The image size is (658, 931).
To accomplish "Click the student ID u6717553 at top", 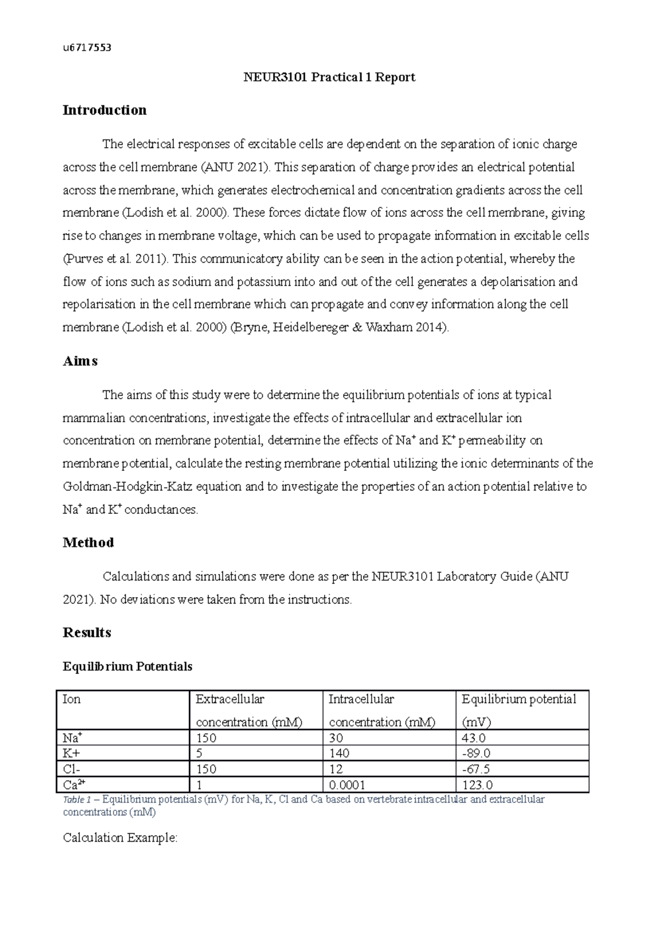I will pyautogui.click(x=87, y=48).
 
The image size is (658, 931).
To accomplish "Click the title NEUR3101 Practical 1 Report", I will pyautogui.click(x=329, y=77).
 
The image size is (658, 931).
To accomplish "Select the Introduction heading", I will pyautogui.click(x=104, y=110).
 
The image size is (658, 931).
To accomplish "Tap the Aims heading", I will pyautogui.click(x=80, y=361).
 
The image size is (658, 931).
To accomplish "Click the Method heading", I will pyautogui.click(x=88, y=543).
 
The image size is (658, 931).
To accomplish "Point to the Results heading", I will pyautogui.click(x=87, y=633).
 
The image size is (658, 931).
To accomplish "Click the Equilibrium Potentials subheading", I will pyautogui.click(x=127, y=667).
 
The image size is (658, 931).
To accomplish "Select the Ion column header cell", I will pyautogui.click(x=72, y=699).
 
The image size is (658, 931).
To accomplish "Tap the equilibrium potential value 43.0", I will pyautogui.click(x=474, y=738).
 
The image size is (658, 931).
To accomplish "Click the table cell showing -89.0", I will pyautogui.click(x=476, y=753).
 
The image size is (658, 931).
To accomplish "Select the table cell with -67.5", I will pyautogui.click(x=476, y=769).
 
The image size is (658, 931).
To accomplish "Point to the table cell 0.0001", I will pyautogui.click(x=347, y=785).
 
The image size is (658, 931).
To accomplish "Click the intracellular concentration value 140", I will pyautogui.click(x=339, y=753).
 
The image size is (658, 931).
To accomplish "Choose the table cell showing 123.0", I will pyautogui.click(x=477, y=785).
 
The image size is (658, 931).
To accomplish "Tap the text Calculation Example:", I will pyautogui.click(x=120, y=838).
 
